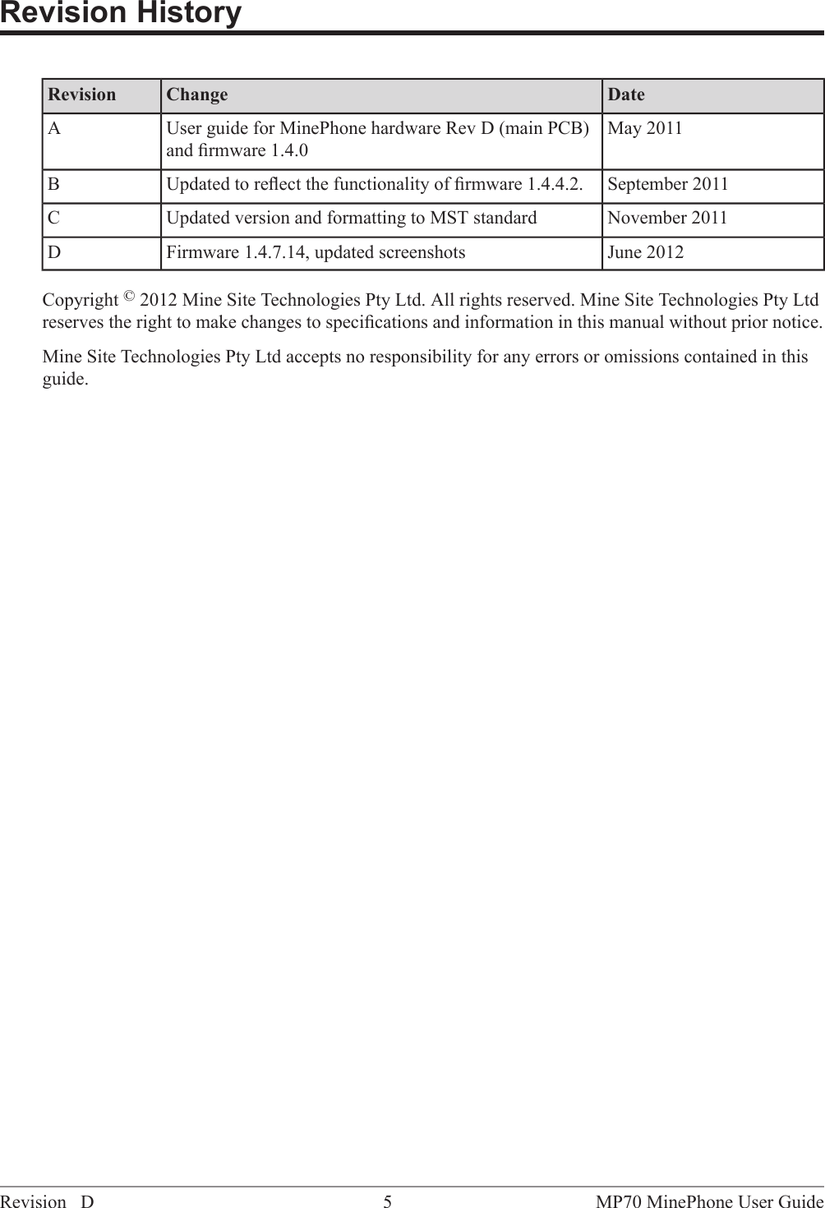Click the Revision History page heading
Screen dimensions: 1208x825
coord(121,14)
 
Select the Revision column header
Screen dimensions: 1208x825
coord(82,95)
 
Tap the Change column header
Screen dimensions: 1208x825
coord(197,95)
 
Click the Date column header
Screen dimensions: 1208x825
coord(626,95)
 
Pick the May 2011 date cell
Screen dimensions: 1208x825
coord(645,129)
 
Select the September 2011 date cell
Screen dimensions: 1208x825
coord(667,184)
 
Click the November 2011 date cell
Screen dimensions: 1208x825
coord(667,219)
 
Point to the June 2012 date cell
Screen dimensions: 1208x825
coord(645,253)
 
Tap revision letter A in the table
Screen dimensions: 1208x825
coord(54,129)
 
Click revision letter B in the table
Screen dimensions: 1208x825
coord(53,184)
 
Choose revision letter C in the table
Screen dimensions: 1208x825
coord(53,219)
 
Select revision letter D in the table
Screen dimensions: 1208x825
coord(54,253)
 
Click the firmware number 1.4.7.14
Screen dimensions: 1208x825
coord(275,253)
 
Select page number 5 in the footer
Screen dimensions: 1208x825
coord(388,1202)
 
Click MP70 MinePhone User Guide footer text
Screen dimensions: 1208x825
coord(710,1202)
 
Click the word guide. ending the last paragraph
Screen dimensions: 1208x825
coord(65,380)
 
